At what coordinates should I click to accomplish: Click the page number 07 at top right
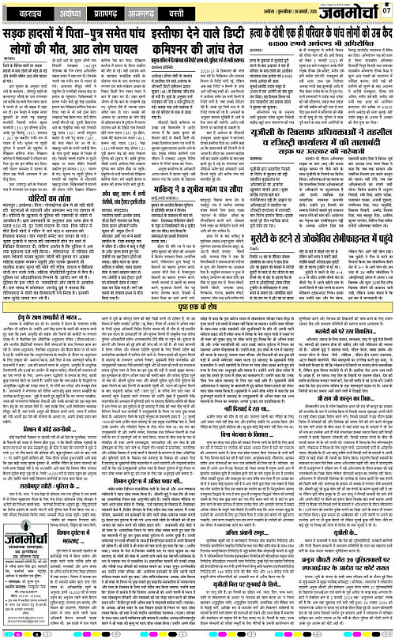tap(386, 9)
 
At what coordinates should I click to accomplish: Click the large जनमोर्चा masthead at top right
tap(347, 11)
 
